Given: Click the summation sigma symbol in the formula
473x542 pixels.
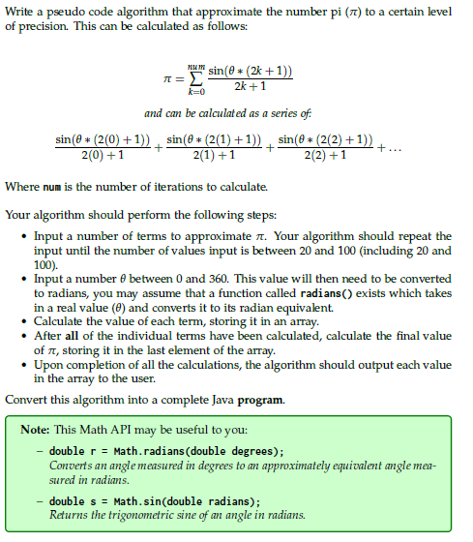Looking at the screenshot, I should [x=196, y=80].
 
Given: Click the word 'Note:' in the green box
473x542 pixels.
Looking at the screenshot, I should [x=38, y=429].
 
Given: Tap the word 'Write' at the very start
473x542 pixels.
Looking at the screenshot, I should [x=21, y=13].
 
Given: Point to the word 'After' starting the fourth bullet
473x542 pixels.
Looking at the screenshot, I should [x=49, y=336].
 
